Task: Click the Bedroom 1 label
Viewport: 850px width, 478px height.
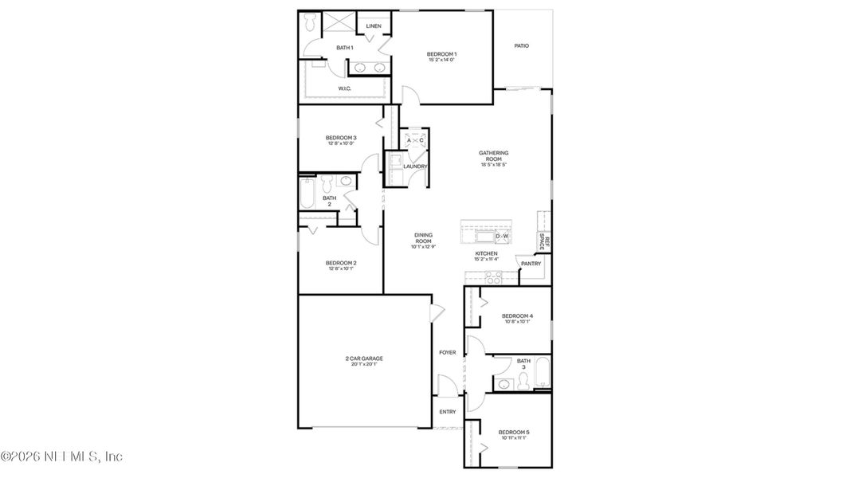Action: click(x=442, y=54)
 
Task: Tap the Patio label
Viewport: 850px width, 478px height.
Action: click(x=521, y=46)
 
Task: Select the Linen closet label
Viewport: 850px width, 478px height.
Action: click(x=374, y=26)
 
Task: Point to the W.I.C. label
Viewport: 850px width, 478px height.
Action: click(x=345, y=88)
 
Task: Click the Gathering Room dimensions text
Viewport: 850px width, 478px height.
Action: click(x=494, y=165)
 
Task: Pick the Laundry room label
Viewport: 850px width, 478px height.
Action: click(x=415, y=167)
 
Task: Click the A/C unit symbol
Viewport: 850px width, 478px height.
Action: click(x=415, y=141)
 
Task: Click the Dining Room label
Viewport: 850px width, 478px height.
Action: click(x=423, y=237)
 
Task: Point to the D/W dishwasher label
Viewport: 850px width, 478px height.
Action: click(x=502, y=237)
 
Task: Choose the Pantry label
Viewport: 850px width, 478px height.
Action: click(x=531, y=264)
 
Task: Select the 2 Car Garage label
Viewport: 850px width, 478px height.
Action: click(x=364, y=358)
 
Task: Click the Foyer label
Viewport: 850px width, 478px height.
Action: click(x=448, y=352)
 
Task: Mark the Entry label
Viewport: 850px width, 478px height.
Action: click(x=448, y=412)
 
